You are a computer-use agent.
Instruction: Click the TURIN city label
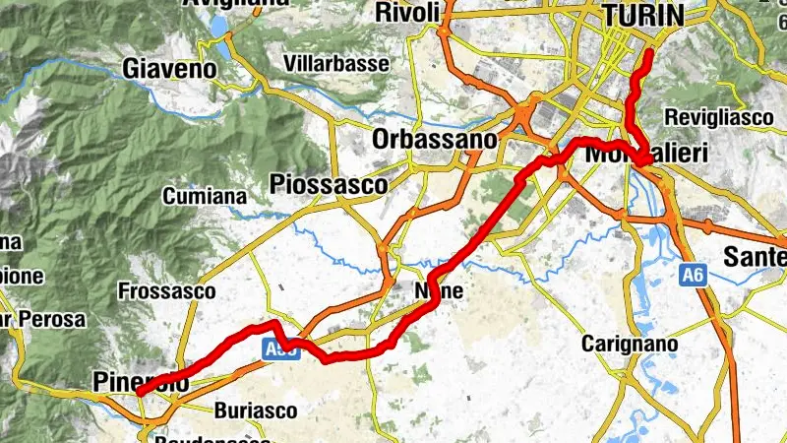coord(644,14)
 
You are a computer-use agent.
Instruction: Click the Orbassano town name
coord(434,140)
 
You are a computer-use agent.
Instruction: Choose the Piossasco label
coord(327,184)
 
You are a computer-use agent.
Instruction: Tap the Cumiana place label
coord(207,196)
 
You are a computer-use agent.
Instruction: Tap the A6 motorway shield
coord(692,280)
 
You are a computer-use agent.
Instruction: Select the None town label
coord(438,291)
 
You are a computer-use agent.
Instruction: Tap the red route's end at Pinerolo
coord(140,392)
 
